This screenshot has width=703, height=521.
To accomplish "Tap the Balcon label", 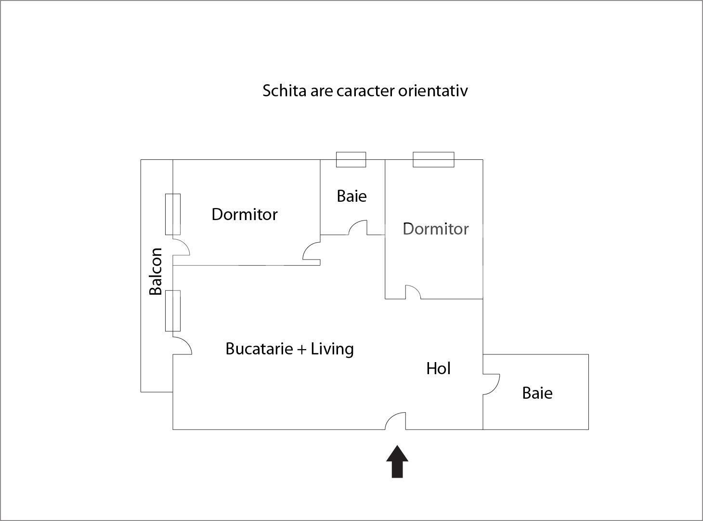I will tap(156, 271).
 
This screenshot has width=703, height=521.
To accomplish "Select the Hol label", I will tap(438, 368).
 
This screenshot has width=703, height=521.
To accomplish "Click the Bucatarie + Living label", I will tap(289, 349).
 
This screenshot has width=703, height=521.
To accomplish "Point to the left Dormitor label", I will tap(244, 214).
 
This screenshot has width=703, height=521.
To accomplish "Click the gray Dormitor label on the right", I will tap(435, 229).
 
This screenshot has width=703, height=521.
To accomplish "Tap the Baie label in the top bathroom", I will tap(351, 196).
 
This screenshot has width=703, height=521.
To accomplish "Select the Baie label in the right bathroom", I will tap(537, 393).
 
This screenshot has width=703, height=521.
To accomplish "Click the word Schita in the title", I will tap(284, 91).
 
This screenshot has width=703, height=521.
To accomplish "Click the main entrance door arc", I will tap(395, 421).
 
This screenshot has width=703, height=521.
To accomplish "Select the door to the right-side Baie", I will tap(491, 384).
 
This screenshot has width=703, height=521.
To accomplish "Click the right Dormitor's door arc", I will tap(413, 292).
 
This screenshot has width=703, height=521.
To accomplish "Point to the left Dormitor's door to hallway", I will tap(311, 251).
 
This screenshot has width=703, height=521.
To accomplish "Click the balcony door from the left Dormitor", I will tap(181, 246).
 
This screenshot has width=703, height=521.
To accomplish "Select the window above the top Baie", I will tap(351, 159).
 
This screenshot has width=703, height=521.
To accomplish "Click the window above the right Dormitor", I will tap(433, 159).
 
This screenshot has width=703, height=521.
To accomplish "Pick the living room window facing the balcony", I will tap(173, 311).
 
